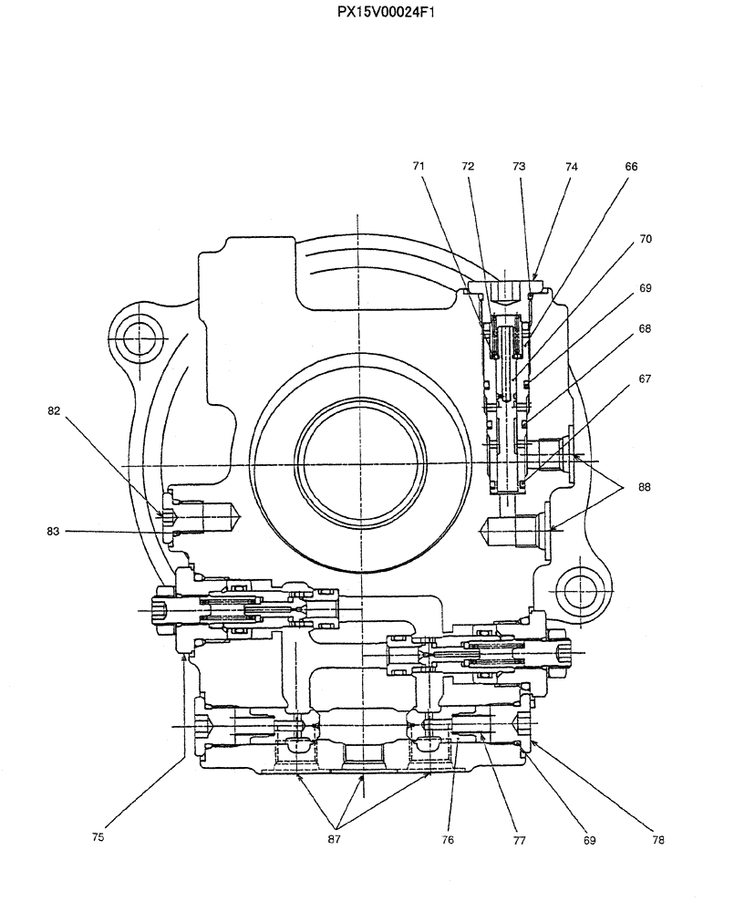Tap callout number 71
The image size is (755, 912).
[x=419, y=167]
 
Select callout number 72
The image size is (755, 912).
[x=468, y=167]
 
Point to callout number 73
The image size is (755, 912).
[x=519, y=167]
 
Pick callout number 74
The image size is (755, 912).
[x=571, y=167]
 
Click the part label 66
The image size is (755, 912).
[x=631, y=167]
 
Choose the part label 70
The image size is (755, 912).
[x=645, y=239]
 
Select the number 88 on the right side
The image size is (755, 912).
[x=645, y=488]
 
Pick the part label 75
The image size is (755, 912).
[x=98, y=836]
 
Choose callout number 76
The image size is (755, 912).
[x=448, y=839]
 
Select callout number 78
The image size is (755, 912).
[x=657, y=839]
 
